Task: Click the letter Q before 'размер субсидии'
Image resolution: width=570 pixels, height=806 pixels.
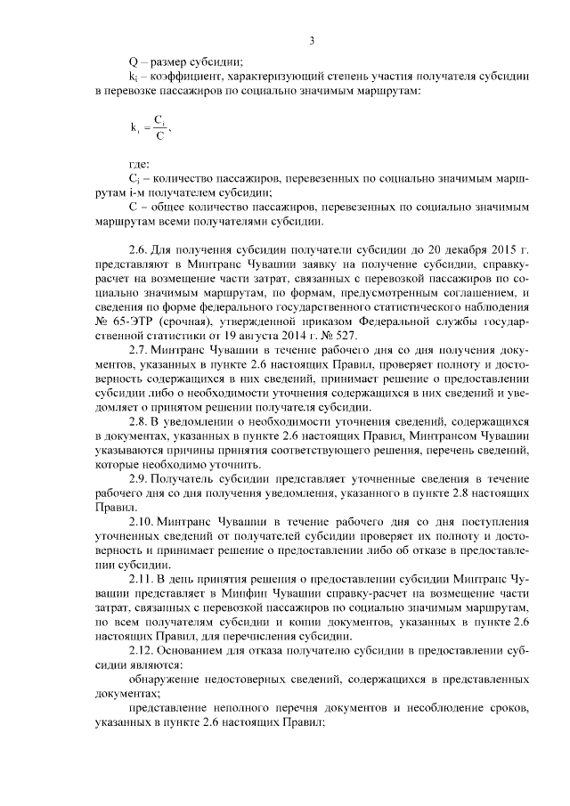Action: point(134,61)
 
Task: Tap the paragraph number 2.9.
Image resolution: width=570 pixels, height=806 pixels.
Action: point(142,481)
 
